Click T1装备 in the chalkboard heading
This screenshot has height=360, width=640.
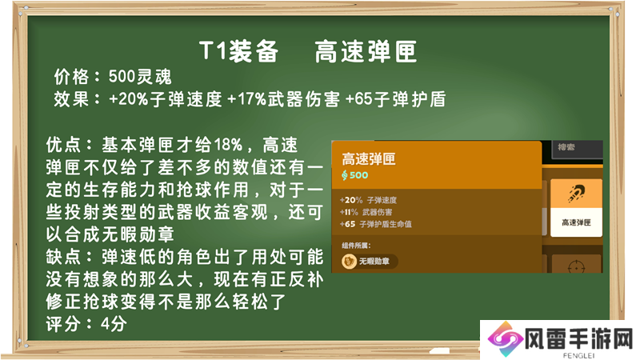click(239, 52)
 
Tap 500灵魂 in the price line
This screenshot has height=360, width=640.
click(140, 77)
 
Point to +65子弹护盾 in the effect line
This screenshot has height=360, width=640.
click(395, 99)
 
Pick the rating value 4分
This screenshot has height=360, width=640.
click(114, 324)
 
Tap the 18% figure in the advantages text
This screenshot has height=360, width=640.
click(228, 145)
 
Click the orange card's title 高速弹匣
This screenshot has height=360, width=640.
click(369, 158)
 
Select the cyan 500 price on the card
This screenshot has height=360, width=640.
click(358, 175)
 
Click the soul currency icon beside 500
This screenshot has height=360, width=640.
click(345, 175)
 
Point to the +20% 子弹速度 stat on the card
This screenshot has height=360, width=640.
click(368, 200)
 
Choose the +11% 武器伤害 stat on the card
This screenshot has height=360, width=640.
click(366, 212)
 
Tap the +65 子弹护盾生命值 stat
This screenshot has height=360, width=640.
click(375, 224)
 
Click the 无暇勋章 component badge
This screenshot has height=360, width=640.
click(370, 262)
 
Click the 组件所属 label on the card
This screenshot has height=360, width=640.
click(356, 246)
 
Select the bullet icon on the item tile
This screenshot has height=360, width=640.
click(576, 194)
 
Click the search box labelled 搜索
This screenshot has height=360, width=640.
click(578, 149)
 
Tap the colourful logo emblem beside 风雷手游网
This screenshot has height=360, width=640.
click(506, 339)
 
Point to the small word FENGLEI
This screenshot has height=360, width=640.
click(578, 355)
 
